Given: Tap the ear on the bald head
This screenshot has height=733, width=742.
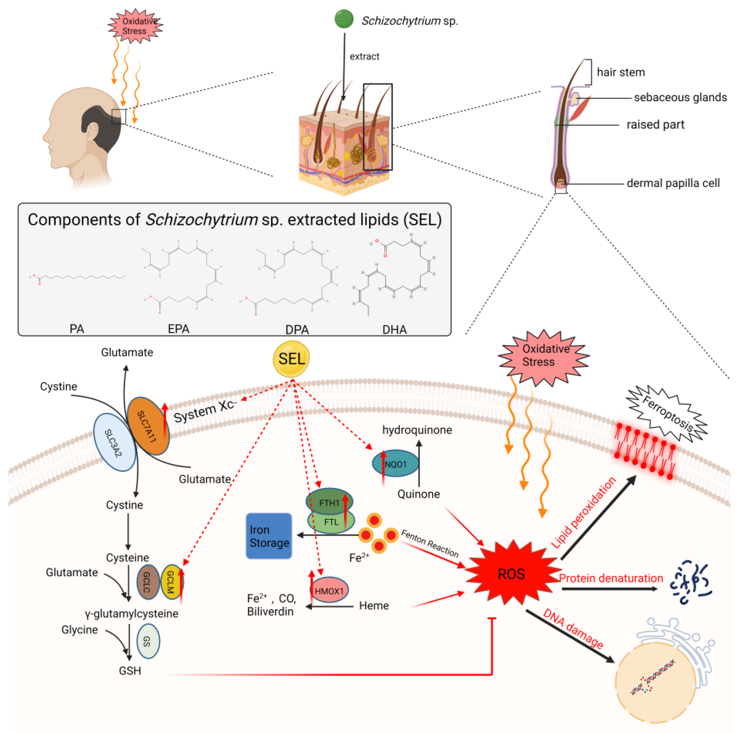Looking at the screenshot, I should tap(92, 132).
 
